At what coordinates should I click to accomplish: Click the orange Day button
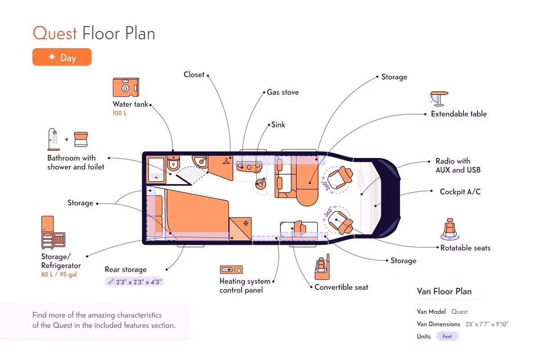(62, 57)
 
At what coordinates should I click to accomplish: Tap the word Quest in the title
(55, 33)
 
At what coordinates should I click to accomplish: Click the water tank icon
(126, 87)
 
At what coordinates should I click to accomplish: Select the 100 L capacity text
(120, 113)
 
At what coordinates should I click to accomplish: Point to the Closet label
(194, 75)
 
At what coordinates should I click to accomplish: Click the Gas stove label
(283, 92)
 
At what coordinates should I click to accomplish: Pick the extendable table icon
(439, 99)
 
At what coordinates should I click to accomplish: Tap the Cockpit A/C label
(460, 192)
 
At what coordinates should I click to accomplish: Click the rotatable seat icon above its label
(450, 229)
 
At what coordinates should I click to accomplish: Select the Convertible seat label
(342, 287)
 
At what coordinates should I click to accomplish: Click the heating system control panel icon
(231, 270)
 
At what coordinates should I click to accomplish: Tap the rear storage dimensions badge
(134, 282)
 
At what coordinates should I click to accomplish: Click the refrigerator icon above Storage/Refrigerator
(53, 232)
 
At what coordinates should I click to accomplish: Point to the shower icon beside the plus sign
(54, 139)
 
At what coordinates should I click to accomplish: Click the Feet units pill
(447, 336)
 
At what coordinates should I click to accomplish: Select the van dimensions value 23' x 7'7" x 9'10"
(487, 324)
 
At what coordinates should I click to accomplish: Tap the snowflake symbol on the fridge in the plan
(246, 223)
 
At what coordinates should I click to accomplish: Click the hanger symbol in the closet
(226, 161)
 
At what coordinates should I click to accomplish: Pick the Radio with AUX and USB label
(458, 166)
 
